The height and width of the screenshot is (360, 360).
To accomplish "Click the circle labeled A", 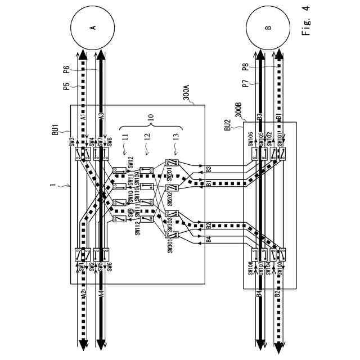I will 93,27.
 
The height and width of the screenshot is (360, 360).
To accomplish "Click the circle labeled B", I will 268,27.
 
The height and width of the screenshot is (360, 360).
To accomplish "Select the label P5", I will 66,87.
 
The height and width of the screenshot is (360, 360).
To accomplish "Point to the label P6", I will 66,70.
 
